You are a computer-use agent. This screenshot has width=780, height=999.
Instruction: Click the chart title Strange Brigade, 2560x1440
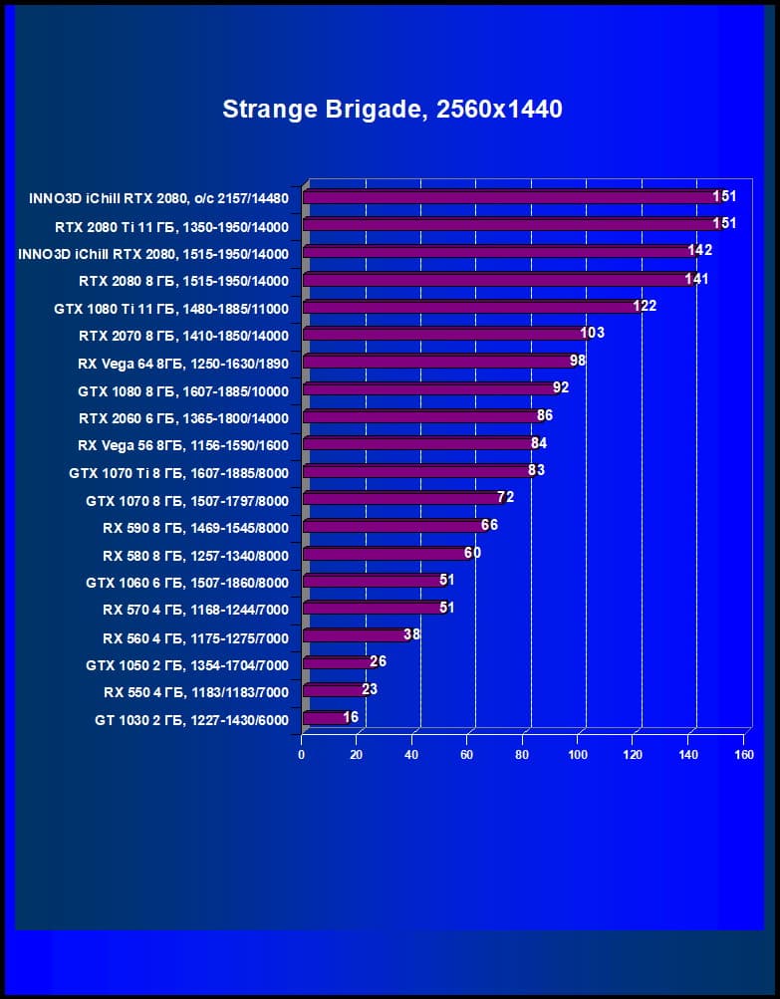coord(391,109)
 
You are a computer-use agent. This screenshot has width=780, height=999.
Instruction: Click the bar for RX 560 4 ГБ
coord(355,635)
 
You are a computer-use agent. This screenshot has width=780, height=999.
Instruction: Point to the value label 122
coord(645,306)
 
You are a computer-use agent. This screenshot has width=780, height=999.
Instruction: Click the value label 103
coord(593,333)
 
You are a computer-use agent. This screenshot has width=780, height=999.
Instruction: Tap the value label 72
coord(505,496)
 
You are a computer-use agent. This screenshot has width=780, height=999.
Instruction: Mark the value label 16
coord(351,716)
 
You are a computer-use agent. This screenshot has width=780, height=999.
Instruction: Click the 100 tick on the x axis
coord(578,755)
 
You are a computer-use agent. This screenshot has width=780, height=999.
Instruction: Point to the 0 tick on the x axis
coord(302,755)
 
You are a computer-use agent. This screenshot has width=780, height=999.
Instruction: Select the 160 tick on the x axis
coord(743,755)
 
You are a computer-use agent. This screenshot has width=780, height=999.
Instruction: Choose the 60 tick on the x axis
coord(467,755)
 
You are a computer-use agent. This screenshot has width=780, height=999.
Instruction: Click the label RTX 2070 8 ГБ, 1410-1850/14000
coord(183,336)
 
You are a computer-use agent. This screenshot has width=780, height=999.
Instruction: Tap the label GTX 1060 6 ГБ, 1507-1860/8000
coord(186,583)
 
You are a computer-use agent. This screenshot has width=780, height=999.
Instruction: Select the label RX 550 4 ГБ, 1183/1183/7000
coord(195,692)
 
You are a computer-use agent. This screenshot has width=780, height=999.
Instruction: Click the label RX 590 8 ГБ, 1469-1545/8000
coord(195,528)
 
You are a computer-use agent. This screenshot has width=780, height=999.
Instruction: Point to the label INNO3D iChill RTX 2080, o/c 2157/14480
coord(158,198)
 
